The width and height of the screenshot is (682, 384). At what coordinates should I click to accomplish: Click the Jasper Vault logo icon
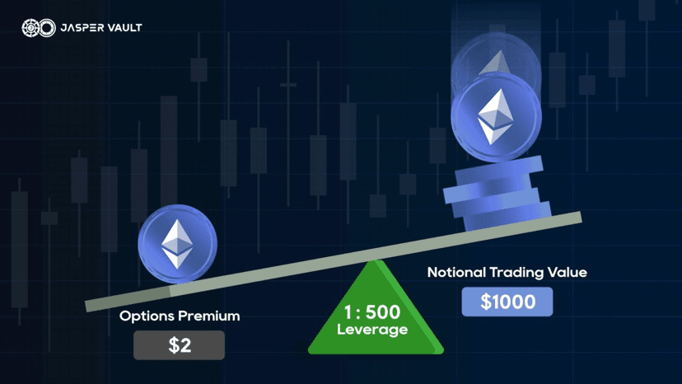pyautogui.click(x=39, y=28)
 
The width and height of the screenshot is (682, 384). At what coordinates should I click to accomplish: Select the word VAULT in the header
pyautogui.click(x=125, y=28)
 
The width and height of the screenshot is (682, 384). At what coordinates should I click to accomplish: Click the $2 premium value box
pyautogui.click(x=180, y=345)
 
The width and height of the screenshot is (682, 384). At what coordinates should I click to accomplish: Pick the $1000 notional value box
pyautogui.click(x=507, y=302)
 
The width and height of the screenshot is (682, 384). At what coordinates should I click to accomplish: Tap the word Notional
pyautogui.click(x=456, y=273)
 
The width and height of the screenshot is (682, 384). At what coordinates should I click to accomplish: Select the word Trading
pyautogui.click(x=516, y=273)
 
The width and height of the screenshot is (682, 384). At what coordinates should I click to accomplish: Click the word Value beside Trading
pyautogui.click(x=568, y=273)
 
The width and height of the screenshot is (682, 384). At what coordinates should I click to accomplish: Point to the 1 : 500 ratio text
pyautogui.click(x=371, y=312)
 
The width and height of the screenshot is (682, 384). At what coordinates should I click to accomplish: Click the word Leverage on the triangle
pyautogui.click(x=372, y=330)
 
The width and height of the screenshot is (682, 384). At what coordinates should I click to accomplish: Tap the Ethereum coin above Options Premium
pyautogui.click(x=177, y=244)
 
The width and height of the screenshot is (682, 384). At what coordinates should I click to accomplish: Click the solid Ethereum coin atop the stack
pyautogui.click(x=497, y=118)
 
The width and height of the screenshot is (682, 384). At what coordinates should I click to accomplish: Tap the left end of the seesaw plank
pyautogui.click(x=86, y=306)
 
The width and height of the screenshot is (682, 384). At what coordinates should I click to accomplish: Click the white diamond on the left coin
pyautogui.click(x=177, y=244)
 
